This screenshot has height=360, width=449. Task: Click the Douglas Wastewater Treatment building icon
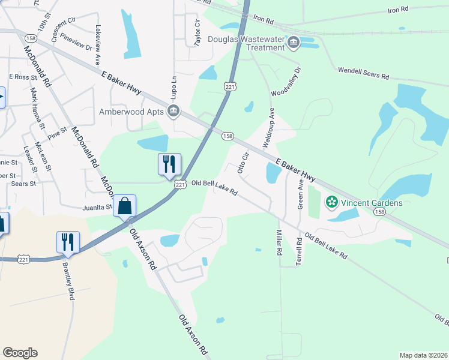pyautogui.click(x=294, y=41)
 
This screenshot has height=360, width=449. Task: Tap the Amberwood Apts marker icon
pyautogui.click(x=173, y=110)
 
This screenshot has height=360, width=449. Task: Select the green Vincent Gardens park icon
pyautogui.click(x=331, y=202)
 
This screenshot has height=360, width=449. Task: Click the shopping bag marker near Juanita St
pyautogui.click(x=124, y=206)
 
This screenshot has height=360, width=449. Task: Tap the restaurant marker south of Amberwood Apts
pyautogui.click(x=169, y=164)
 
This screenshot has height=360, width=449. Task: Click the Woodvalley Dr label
pyautogui.click(x=285, y=85)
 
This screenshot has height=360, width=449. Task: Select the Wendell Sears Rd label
pyautogui.click(x=363, y=74)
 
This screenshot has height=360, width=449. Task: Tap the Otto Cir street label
pyautogui.click(x=243, y=162)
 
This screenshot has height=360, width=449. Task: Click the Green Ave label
pyautogui.click(x=300, y=191)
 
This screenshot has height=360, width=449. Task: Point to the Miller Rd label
pyautogui.click(x=279, y=242)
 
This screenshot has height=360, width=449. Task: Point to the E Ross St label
pyautogui.click(x=23, y=77)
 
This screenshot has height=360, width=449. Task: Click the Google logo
pyautogui.click(x=20, y=353)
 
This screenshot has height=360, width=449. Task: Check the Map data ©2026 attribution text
pyautogui.click(x=423, y=355)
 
